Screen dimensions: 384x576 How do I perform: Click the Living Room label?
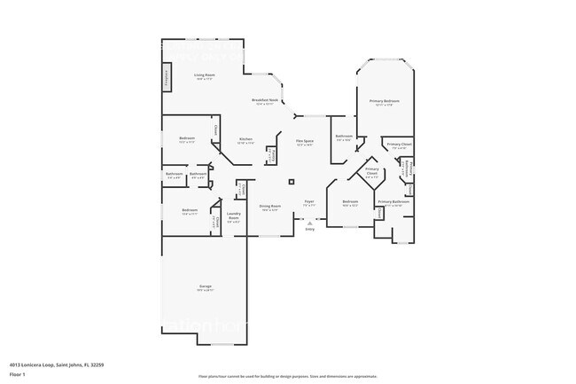point(205,75)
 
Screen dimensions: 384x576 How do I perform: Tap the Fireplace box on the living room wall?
point(166,77)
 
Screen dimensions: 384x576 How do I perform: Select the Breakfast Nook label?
point(264,100)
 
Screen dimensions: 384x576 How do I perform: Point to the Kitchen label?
point(246,139)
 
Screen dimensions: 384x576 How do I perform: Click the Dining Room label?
point(269,207)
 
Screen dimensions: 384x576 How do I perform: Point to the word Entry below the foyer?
point(309,230)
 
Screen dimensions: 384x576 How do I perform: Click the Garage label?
point(205,286)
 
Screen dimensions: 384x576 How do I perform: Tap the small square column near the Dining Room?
point(291,182)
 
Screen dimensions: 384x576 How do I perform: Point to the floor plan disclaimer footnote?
point(287,376)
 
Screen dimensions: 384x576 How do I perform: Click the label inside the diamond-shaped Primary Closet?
point(372,171)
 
